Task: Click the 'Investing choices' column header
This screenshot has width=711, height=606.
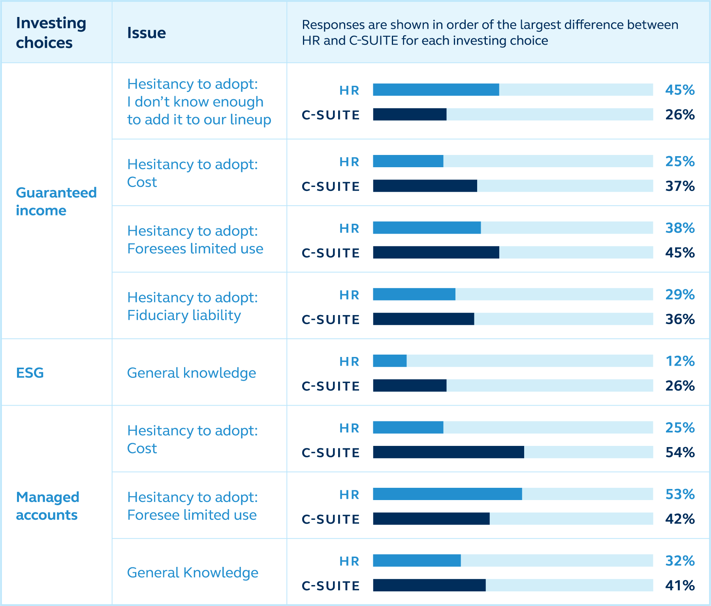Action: (x=51, y=33)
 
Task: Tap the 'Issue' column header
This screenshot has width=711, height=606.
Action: (x=146, y=33)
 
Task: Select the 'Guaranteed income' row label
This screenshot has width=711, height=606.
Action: (x=56, y=201)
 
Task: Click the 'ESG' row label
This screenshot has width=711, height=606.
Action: (x=30, y=373)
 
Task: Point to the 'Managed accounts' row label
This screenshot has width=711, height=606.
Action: (x=47, y=506)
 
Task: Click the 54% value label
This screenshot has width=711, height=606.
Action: (x=679, y=452)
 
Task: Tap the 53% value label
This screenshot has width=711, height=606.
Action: (x=679, y=494)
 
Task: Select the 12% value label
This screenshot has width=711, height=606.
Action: (x=679, y=361)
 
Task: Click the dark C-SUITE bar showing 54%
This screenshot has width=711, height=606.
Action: (x=448, y=452)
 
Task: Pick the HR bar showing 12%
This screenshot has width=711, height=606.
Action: (x=389, y=361)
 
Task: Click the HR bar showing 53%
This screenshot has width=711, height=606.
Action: (x=447, y=494)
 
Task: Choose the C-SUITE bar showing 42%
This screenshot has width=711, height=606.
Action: (x=431, y=519)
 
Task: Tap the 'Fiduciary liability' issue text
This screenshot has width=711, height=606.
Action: (x=184, y=315)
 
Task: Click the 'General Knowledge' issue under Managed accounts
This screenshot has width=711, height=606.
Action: (x=192, y=572)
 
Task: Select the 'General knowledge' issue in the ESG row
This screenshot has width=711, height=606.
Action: (x=191, y=373)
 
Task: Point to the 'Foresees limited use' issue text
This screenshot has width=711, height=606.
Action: (x=195, y=249)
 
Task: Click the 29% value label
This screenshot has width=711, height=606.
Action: (x=679, y=295)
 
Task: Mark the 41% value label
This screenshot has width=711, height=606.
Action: (x=679, y=585)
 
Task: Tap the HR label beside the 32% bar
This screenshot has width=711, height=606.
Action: (x=349, y=561)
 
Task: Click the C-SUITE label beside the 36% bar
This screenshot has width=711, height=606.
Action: (x=331, y=319)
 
